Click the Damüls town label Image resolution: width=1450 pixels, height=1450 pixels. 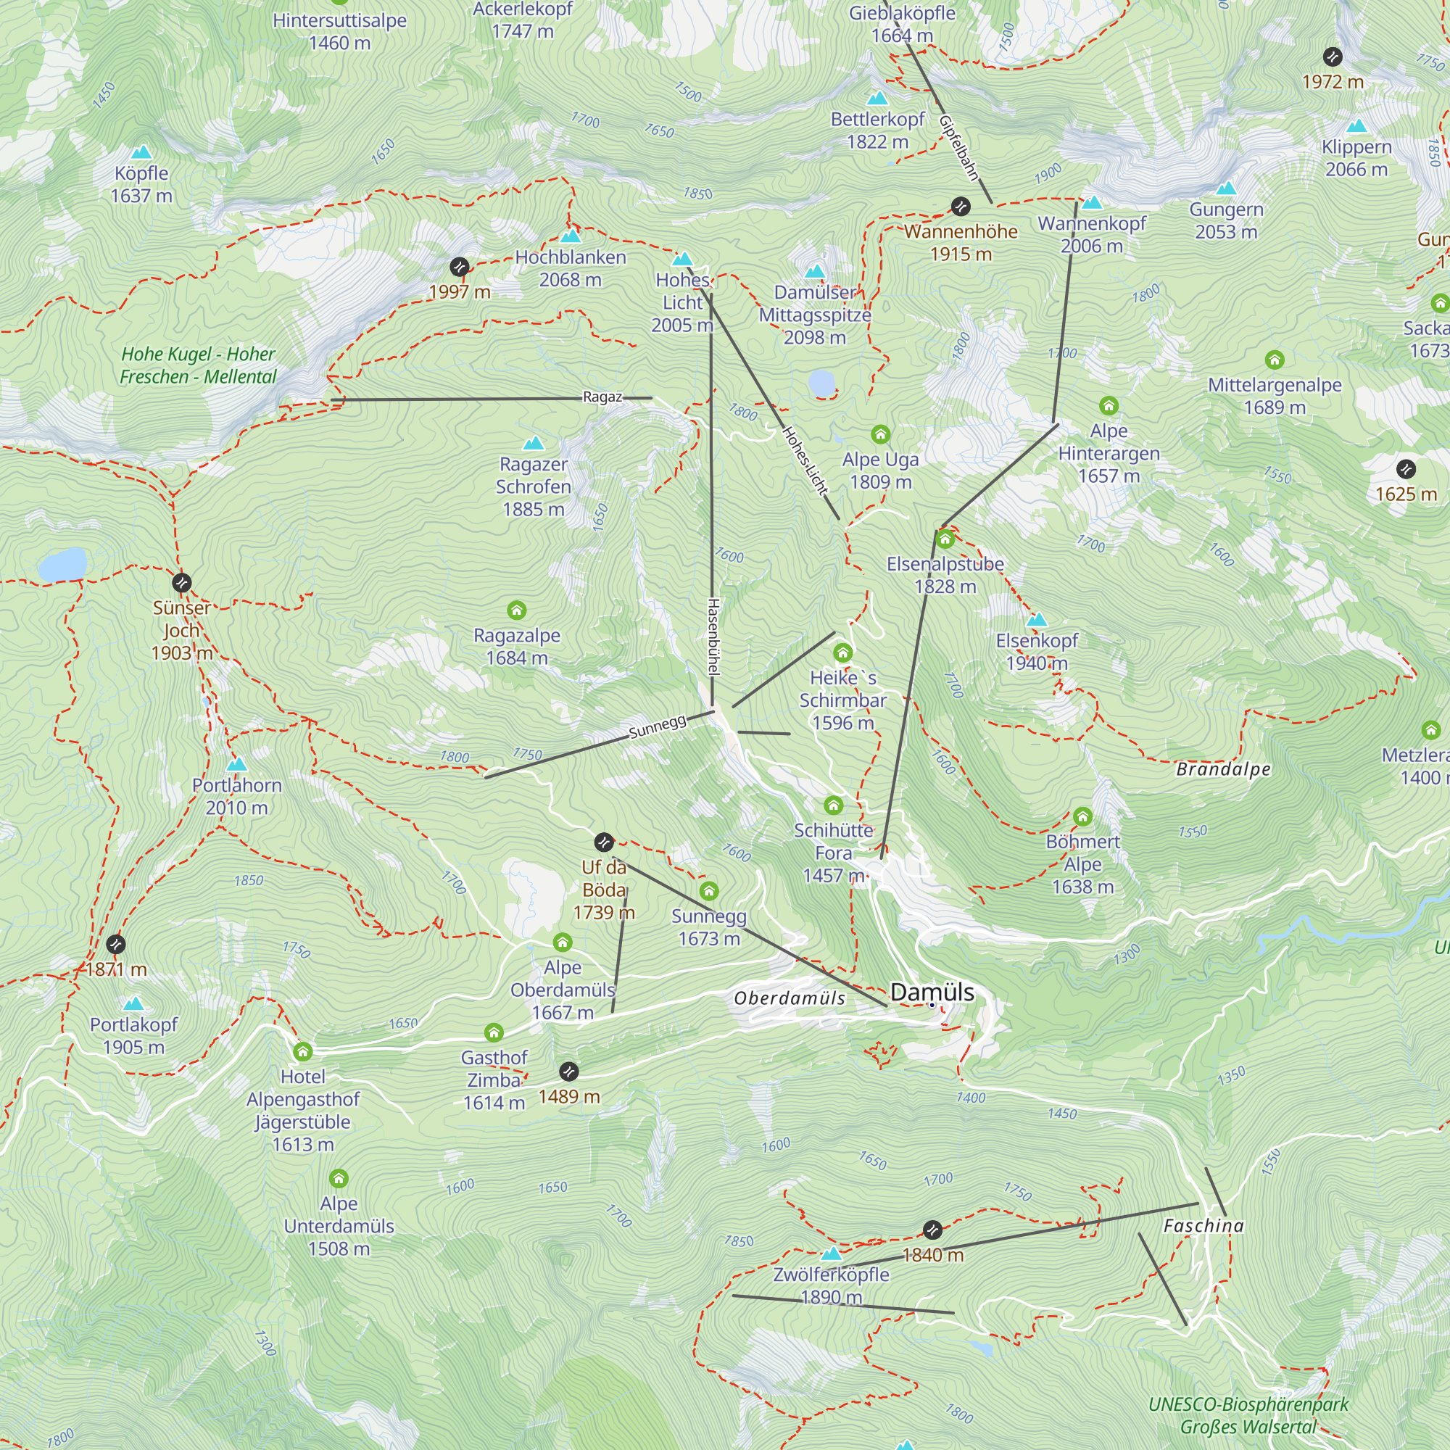[932, 993]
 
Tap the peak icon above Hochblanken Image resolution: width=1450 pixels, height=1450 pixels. [571, 236]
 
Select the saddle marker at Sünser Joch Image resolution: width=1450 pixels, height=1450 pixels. [182, 582]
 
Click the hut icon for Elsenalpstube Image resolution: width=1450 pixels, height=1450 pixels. [945, 539]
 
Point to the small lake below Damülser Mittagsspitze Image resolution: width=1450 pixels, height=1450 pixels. [822, 384]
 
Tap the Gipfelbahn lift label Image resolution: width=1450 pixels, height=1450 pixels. [960, 148]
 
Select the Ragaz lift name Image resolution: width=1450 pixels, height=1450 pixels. [602, 397]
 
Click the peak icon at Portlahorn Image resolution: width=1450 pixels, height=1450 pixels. [236, 765]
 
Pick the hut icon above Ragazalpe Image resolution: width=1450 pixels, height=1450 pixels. [516, 610]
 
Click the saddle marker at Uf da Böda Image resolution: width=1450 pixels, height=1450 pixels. [603, 842]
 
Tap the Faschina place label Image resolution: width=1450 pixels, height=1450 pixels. [1203, 1225]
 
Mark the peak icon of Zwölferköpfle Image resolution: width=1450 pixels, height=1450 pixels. [831, 1254]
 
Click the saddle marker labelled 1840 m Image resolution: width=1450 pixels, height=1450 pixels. [932, 1230]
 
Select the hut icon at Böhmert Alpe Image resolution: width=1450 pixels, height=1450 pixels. [1082, 816]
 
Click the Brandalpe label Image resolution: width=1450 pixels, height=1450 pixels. [1223, 769]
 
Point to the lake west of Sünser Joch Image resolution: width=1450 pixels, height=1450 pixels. [62, 564]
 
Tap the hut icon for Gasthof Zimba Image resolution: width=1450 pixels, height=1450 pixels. [494, 1032]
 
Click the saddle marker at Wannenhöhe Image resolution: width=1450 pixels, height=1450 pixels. [961, 207]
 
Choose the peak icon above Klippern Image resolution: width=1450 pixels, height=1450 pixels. [1356, 126]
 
